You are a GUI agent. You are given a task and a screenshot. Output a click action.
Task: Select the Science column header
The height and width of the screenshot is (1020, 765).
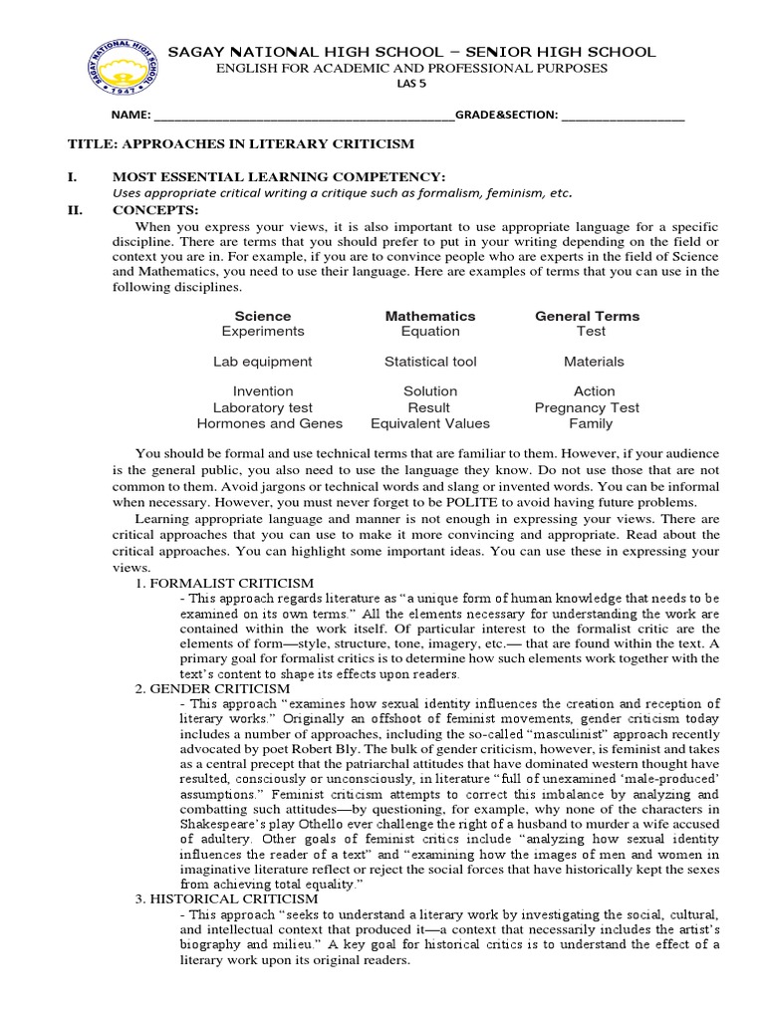point(263,316)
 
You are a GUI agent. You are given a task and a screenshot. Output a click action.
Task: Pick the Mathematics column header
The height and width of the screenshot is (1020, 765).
point(430,316)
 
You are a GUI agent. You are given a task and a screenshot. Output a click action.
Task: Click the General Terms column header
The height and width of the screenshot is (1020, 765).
point(587,316)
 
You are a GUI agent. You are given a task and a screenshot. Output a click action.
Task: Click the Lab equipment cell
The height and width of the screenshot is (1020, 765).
point(263,362)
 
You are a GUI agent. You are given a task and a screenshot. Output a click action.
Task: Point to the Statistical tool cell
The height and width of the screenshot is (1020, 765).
point(430,362)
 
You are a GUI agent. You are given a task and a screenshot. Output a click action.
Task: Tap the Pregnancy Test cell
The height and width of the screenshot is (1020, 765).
point(587,407)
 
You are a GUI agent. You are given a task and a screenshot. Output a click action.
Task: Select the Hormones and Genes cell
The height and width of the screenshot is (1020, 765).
point(263,423)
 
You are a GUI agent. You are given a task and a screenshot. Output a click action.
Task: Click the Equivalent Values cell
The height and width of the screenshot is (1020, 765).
point(430,423)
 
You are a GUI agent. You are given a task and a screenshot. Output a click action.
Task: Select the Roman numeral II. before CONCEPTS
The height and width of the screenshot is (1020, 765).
point(77,209)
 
